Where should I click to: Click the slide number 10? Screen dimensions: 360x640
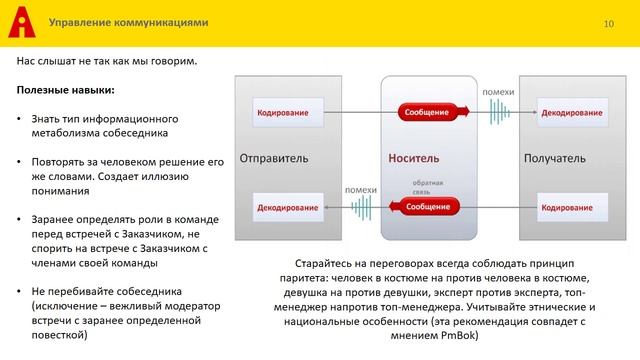pyautogui.click(x=608, y=22)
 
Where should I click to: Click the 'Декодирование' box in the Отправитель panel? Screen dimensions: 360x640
pyautogui.click(x=287, y=207)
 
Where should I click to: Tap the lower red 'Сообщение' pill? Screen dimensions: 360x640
pyautogui.click(x=427, y=207)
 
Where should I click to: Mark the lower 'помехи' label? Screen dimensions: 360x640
pyautogui.click(x=360, y=189)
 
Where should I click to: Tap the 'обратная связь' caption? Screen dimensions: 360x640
pyautogui.click(x=427, y=187)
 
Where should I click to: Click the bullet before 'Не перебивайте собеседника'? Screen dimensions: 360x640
pyautogui.click(x=20, y=290)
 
